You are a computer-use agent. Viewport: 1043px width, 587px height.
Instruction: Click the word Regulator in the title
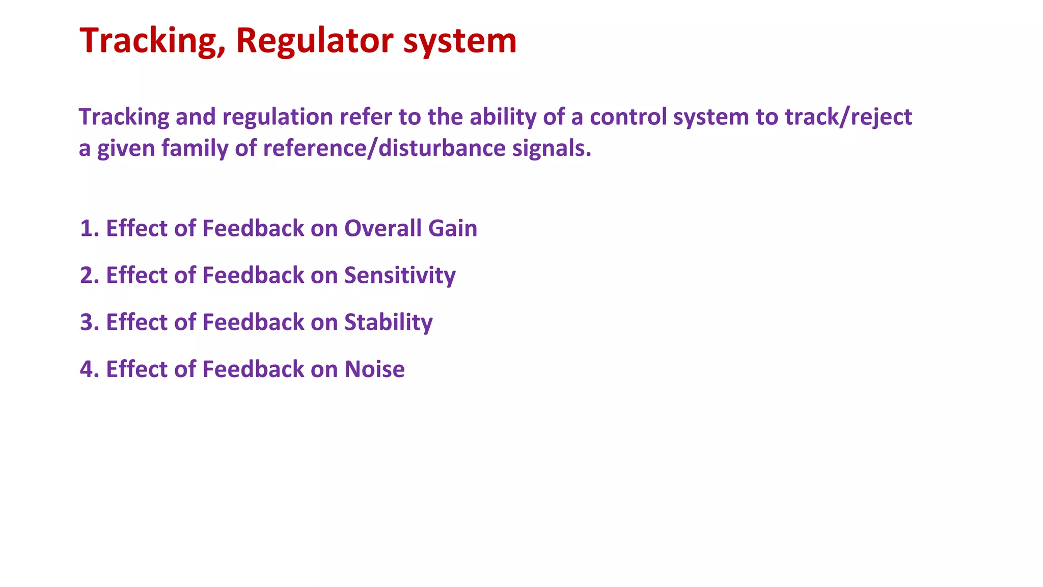pos(314,41)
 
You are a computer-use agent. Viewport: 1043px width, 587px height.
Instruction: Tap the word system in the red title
pos(459,41)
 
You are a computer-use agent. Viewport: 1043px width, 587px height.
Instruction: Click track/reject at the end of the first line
pos(848,117)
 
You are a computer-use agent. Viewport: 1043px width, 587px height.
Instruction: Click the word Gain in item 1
pos(452,229)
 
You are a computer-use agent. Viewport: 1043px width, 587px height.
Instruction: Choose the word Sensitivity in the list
pos(399,276)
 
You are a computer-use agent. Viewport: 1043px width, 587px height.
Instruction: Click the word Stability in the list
pos(388,323)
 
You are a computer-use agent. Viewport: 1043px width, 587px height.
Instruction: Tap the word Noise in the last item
pos(374,369)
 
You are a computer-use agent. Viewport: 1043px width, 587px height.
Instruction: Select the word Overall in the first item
pos(382,229)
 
